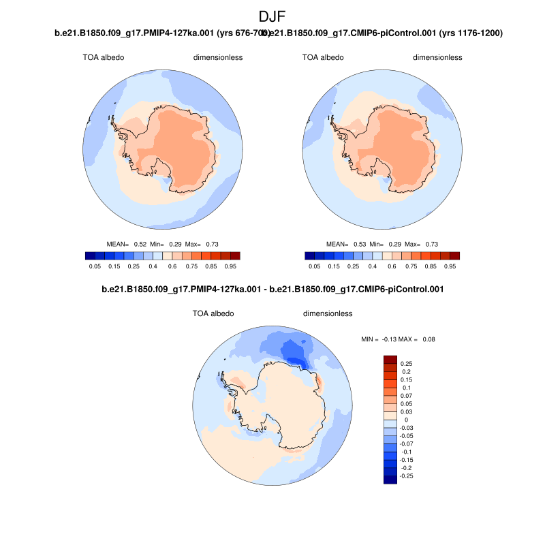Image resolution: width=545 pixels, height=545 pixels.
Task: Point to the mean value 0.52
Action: pos(140,243)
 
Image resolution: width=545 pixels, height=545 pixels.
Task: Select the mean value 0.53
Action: pos(360,243)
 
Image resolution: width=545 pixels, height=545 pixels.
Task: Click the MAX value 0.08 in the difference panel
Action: pos(429,339)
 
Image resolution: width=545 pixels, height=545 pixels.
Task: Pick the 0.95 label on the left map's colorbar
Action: pos(230,267)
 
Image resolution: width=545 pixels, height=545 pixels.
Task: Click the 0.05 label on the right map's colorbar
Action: pos(315,267)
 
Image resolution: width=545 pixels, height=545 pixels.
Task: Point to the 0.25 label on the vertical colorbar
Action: pos(407,364)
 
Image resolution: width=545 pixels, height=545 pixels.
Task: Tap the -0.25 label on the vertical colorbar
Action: pos(406,476)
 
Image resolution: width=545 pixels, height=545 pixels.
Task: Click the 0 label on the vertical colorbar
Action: pos(406,420)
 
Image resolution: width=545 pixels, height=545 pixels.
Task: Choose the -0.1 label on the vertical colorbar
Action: pos(406,452)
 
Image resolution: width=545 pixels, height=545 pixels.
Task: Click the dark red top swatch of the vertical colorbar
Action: pos(390,360)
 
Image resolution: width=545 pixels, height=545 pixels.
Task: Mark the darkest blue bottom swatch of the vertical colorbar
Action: pos(390,480)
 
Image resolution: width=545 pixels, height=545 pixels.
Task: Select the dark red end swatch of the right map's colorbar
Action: pos(455,255)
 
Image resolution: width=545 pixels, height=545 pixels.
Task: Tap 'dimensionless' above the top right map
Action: pos(437,57)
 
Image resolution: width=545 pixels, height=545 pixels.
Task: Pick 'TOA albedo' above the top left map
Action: pos(104,57)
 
